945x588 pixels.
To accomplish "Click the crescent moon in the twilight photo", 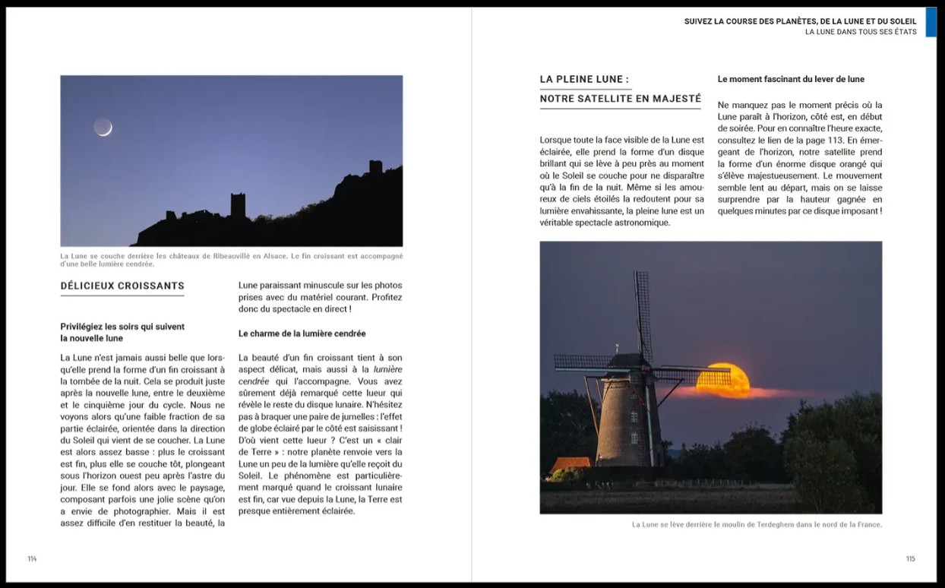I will coord(103,127).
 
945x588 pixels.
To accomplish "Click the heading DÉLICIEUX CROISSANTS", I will coord(122,286).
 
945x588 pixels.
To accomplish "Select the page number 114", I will coord(32,559).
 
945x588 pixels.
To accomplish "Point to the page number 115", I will coord(910,559).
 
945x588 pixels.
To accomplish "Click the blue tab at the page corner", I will coord(931,22).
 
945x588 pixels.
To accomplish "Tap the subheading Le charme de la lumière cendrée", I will coord(302,334).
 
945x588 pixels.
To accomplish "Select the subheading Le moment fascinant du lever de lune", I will coord(791,79).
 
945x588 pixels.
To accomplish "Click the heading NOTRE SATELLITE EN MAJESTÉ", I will coord(620,99).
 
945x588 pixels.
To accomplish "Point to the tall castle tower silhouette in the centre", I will coord(238,204).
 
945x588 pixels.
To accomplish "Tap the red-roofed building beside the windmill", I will coord(570,464).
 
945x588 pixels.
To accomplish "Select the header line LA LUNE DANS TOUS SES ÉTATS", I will coord(861,32).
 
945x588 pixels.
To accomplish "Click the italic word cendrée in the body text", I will coord(254,381).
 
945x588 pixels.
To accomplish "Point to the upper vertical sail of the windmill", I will coord(643,311).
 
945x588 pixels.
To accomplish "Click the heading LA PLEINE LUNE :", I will coord(584,79).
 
